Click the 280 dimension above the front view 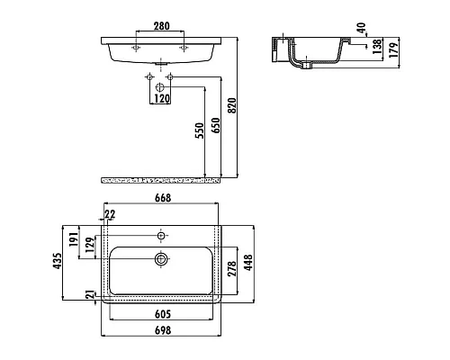coord(162,26)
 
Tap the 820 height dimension coord(232,105)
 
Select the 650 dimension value coord(215,125)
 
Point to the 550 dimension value coord(199,130)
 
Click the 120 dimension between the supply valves coord(162,98)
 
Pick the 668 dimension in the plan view coord(163,198)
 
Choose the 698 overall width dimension coord(163,330)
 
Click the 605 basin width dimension coord(163,314)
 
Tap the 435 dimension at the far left coord(58,261)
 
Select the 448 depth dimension coord(248,263)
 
